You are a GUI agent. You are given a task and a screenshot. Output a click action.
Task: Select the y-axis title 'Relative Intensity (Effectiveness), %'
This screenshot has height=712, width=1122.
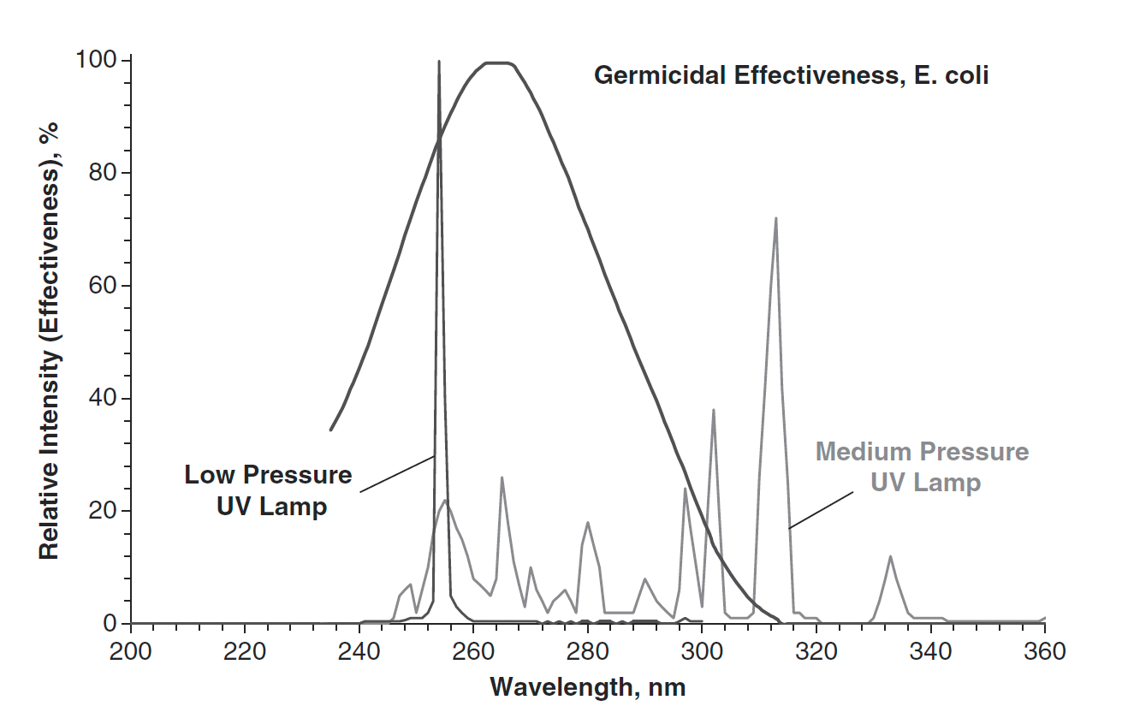pos(50,341)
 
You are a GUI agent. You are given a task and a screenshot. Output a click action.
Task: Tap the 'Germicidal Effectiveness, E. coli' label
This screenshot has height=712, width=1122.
pos(791,76)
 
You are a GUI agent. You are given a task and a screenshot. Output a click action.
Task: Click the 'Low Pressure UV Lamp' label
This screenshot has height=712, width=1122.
pos(268,490)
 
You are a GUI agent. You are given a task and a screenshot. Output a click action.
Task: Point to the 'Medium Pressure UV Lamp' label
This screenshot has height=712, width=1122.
pos(923,466)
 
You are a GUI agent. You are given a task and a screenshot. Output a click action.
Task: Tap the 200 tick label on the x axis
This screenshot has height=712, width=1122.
pos(131,652)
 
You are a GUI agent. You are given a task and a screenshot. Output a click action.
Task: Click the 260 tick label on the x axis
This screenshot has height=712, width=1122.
pos(473,652)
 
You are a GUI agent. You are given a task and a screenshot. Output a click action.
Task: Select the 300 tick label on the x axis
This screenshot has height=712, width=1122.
pos(702,652)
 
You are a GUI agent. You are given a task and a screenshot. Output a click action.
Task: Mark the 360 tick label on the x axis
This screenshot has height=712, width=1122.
pos(1044,652)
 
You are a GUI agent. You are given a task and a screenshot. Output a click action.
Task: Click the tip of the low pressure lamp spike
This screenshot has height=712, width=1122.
pos(439,62)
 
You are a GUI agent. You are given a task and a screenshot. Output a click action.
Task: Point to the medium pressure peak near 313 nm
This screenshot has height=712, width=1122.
pos(776,219)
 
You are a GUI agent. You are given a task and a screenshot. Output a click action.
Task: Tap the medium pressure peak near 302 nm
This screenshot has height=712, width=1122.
pos(713,410)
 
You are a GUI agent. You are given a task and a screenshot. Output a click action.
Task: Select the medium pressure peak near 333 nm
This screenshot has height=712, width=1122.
pos(890,556)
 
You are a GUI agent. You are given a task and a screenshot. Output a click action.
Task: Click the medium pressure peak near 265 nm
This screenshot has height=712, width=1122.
pos(502,478)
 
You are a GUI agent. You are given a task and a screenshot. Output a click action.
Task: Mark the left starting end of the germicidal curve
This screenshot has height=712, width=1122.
pos(331,429)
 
